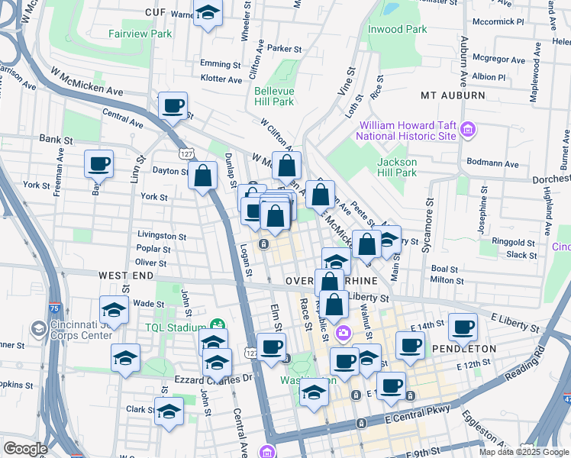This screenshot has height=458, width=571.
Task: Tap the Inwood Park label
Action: point(397,29)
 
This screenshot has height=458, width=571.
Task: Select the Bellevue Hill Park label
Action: point(274,96)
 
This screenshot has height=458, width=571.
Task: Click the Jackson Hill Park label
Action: point(397,167)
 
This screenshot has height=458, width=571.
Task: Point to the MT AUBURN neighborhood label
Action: point(453,95)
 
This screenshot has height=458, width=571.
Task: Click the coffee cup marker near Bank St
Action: point(99,163)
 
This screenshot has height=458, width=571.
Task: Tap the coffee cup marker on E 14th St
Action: point(463,327)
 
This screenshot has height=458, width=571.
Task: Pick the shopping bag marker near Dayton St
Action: point(204,176)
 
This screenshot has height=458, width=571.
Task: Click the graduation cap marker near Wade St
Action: point(114,310)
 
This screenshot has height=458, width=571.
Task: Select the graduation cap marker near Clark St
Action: point(169,412)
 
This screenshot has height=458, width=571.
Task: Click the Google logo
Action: point(26,449)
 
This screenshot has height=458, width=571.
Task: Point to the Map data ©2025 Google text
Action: point(523,452)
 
